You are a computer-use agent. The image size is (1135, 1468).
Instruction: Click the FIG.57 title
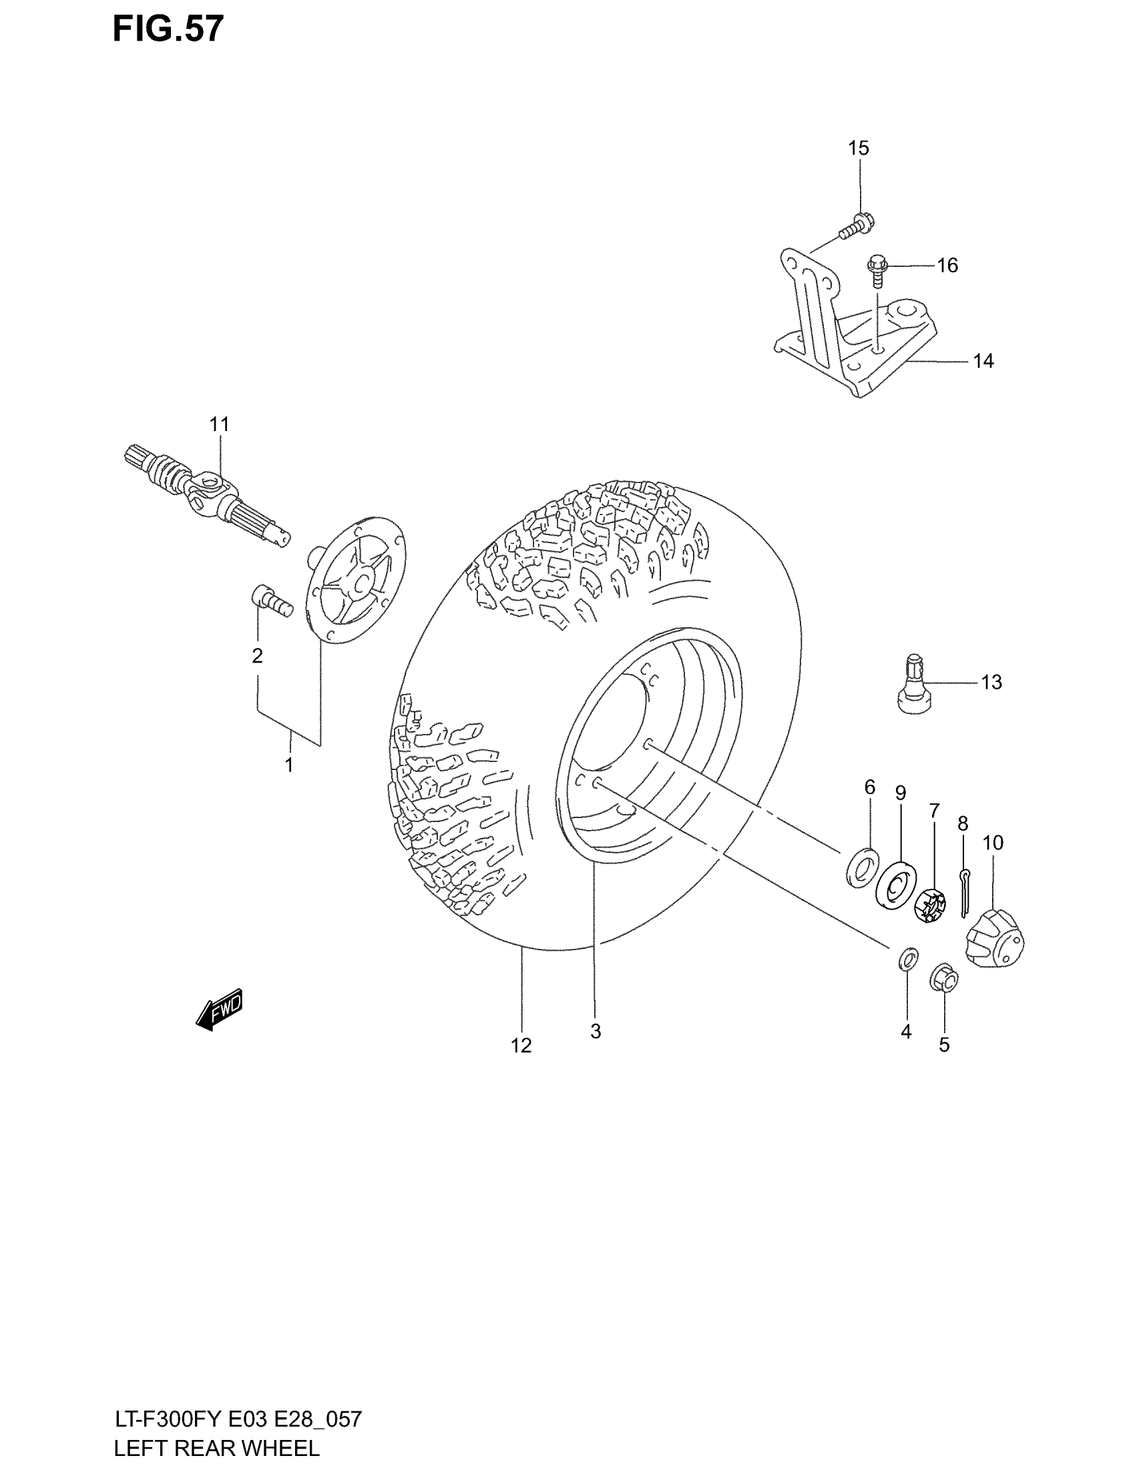pyautogui.click(x=168, y=29)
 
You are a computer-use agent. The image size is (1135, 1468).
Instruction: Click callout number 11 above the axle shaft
pyautogui.click(x=219, y=425)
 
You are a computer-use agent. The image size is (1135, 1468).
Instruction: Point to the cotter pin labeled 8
pyautogui.click(x=963, y=893)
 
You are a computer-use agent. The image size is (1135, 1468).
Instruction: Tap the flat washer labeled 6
pyautogui.click(x=862, y=867)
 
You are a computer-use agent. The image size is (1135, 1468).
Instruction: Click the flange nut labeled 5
pyautogui.click(x=943, y=978)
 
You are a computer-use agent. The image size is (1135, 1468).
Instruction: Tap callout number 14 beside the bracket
pyautogui.click(x=983, y=362)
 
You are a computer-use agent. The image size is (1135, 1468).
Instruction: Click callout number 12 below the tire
pyautogui.click(x=521, y=1045)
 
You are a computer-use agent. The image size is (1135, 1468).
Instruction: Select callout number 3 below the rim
pyautogui.click(x=596, y=1031)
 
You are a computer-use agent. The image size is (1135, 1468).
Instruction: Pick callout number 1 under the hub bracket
pyautogui.click(x=289, y=765)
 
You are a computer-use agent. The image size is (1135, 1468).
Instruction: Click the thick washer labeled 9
pyautogui.click(x=896, y=883)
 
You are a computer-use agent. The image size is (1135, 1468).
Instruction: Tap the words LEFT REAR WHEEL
pyautogui.click(x=216, y=1447)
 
